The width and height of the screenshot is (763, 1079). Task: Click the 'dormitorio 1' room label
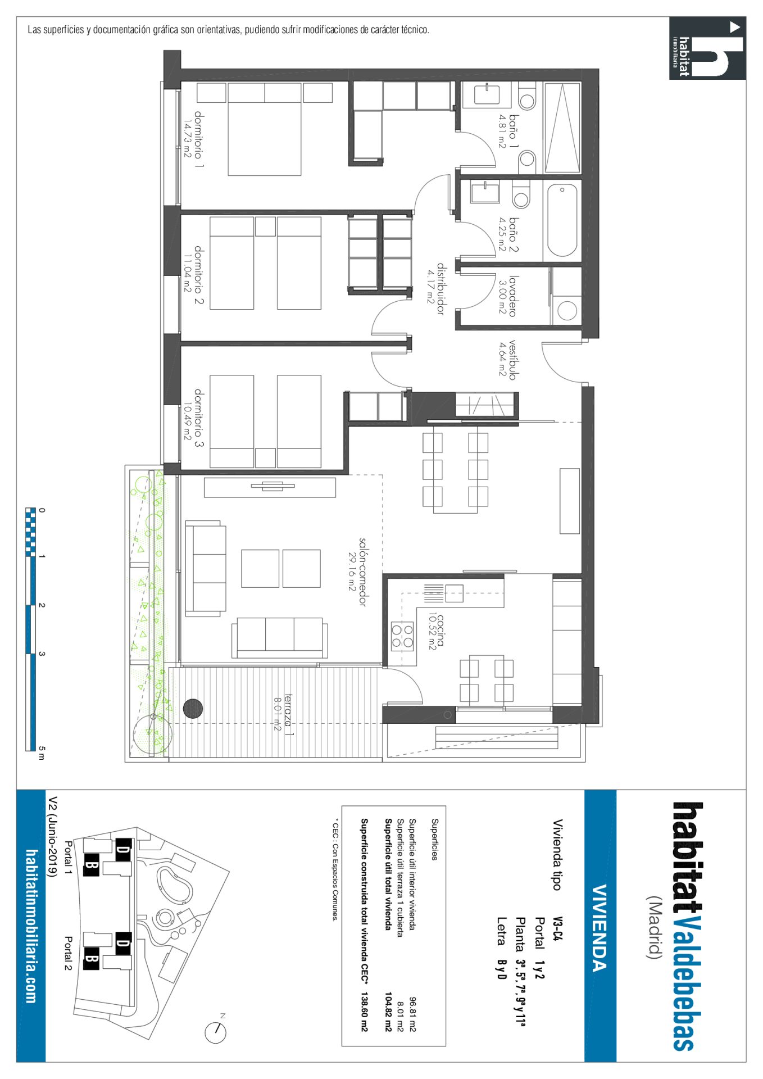pyautogui.click(x=199, y=139)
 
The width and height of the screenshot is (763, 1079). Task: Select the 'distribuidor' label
pyautogui.click(x=441, y=289)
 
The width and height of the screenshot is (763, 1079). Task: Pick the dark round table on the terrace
pyautogui.click(x=193, y=709)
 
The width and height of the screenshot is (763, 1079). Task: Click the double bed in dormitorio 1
pyautogui.click(x=265, y=129)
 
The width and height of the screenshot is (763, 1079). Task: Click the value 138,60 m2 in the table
pyautogui.click(x=364, y=1012)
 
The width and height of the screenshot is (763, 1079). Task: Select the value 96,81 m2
pyautogui.click(x=412, y=1014)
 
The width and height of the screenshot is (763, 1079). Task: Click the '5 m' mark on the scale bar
pyautogui.click(x=41, y=752)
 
